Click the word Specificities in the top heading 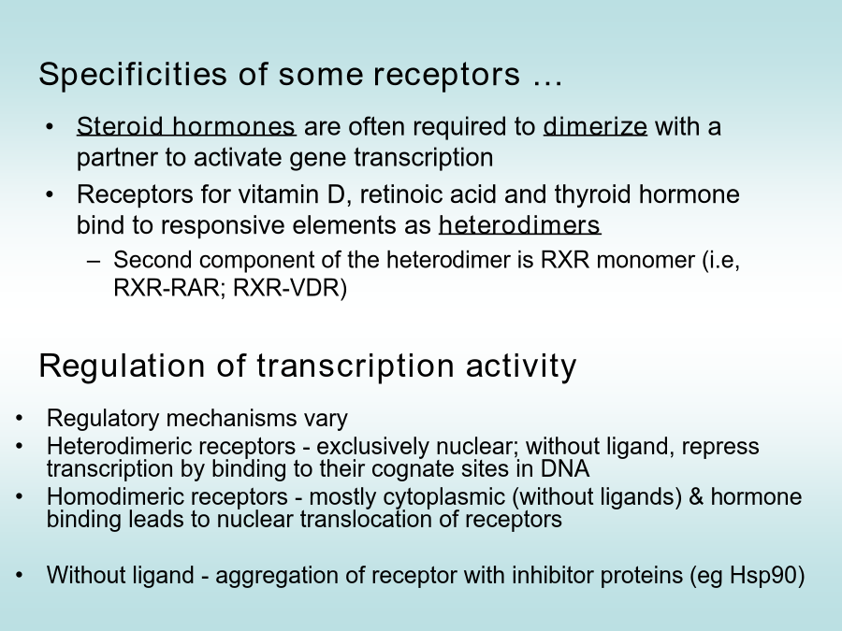point(133,74)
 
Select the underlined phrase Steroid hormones point(186,126)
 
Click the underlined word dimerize point(595,126)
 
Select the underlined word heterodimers point(520,224)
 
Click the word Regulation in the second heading point(122,366)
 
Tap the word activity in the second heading point(521,366)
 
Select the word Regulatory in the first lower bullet point(103,419)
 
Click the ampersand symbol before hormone point(696,497)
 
